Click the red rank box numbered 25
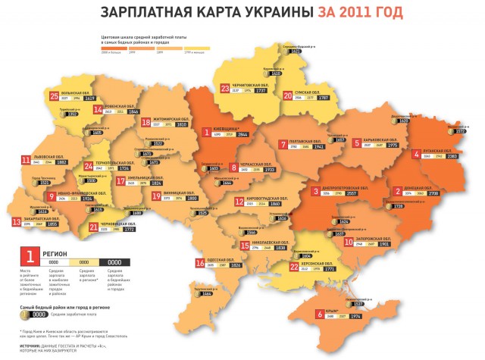click(x=54, y=96)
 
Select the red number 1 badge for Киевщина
click(x=205, y=132)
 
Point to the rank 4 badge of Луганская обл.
click(x=416, y=155)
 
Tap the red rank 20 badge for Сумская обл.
click(x=288, y=95)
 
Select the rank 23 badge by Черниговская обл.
click(x=225, y=89)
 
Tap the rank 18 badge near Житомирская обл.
click(x=145, y=122)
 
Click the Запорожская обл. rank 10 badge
click(x=349, y=243)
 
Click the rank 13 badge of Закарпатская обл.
click(x=16, y=222)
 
